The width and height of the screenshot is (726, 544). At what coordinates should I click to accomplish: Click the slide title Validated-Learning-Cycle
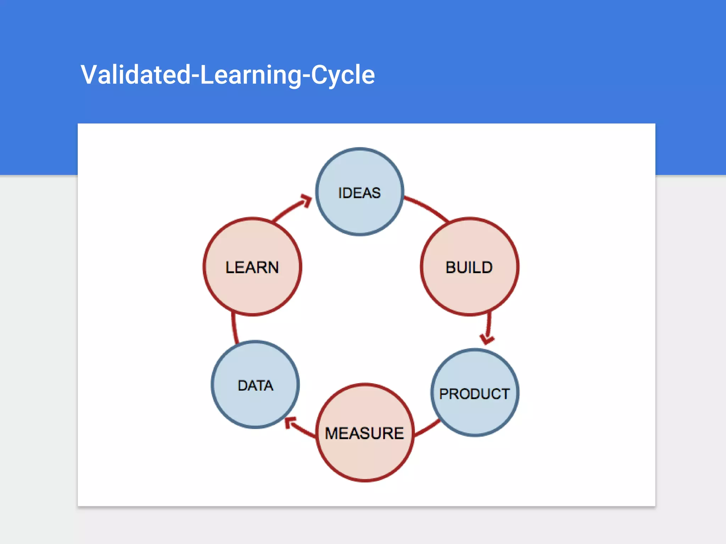[x=228, y=75]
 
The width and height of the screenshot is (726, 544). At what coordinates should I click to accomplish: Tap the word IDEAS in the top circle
[x=359, y=193]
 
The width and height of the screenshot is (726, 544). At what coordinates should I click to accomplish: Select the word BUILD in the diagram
[x=469, y=267]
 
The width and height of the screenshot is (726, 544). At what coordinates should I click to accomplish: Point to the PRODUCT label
[x=474, y=394]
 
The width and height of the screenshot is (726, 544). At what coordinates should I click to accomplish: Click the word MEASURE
[x=364, y=433]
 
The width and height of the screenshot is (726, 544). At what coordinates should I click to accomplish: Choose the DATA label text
[x=256, y=385]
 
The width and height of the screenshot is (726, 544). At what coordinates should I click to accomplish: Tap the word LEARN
[x=252, y=267]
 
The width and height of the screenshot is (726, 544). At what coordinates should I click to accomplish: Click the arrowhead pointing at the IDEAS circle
[x=306, y=200]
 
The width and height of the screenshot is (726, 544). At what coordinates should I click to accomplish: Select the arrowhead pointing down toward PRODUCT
[x=487, y=339]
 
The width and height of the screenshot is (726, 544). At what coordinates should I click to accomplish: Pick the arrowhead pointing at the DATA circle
[x=291, y=422]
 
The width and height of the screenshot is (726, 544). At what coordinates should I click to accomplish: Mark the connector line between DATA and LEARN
[x=234, y=328]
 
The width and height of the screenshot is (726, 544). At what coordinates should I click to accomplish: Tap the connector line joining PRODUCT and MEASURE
[x=427, y=429]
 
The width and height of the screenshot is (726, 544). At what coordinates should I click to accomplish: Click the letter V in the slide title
[x=89, y=75]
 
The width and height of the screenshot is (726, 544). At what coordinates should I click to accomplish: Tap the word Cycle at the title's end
[x=343, y=75]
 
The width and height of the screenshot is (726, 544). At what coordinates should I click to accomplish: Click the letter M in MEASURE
[x=332, y=433]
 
